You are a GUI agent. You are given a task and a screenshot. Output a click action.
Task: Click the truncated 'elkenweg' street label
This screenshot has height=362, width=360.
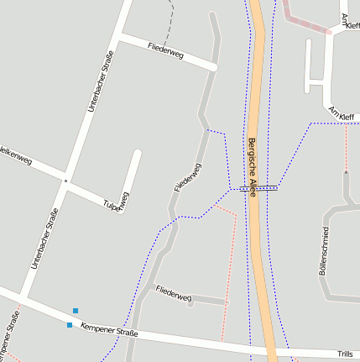(16, 151)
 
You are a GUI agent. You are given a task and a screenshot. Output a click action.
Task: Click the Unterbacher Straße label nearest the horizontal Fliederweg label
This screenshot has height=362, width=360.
(100, 81)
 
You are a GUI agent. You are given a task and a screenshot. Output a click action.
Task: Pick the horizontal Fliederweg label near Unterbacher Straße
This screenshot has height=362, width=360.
(165, 50)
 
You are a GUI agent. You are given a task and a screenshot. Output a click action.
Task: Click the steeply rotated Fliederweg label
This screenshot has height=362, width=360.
(188, 177)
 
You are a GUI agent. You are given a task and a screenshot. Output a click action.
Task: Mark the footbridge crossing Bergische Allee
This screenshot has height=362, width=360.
(255, 188)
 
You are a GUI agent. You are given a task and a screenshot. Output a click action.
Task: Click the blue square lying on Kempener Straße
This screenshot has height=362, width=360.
(70, 324)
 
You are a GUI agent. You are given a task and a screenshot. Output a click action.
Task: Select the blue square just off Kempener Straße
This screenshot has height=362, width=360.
(76, 311)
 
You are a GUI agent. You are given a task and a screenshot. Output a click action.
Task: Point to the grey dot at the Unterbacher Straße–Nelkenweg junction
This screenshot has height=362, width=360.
(65, 180)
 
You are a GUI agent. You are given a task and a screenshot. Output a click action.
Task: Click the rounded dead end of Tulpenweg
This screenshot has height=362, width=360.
(137, 154)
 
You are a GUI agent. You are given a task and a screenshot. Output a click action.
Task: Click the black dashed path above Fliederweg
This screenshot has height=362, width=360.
(171, 21)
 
